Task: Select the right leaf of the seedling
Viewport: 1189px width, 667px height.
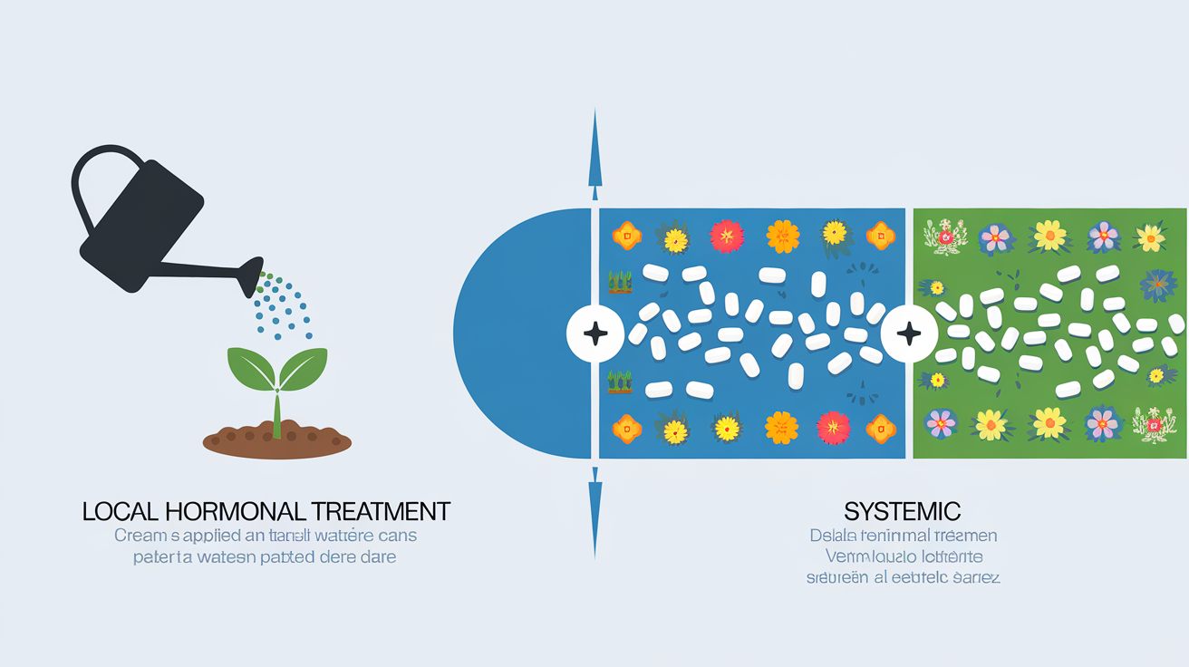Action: coord(304,367)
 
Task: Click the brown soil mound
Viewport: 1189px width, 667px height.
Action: coord(276,442)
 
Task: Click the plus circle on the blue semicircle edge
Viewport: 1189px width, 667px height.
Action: coord(595,333)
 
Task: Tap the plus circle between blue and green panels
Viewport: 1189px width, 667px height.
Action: coord(908,333)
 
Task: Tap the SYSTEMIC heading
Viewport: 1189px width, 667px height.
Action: coord(903,510)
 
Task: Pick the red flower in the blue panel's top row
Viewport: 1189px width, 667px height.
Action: coord(727,237)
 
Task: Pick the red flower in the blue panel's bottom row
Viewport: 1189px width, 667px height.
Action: coord(833,427)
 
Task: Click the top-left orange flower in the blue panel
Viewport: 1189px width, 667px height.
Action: coord(626,237)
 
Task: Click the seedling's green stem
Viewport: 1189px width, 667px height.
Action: coord(276,412)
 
